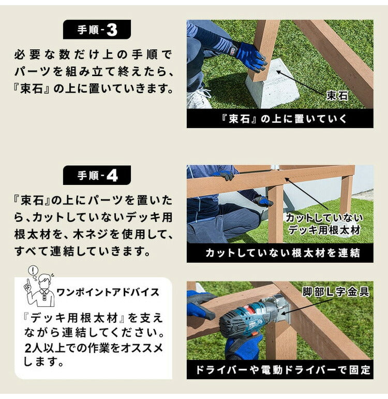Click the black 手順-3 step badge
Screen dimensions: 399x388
(97, 30)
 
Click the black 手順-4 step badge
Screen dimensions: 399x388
(97, 175)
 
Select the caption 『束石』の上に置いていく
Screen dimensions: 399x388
(279, 119)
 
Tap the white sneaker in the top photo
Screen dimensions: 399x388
(199, 98)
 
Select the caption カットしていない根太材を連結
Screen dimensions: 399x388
(279, 253)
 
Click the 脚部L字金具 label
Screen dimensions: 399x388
(336, 292)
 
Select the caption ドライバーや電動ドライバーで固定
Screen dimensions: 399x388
(279, 370)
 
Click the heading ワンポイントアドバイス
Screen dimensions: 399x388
(108, 292)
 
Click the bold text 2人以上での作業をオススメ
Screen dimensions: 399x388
(94, 348)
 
